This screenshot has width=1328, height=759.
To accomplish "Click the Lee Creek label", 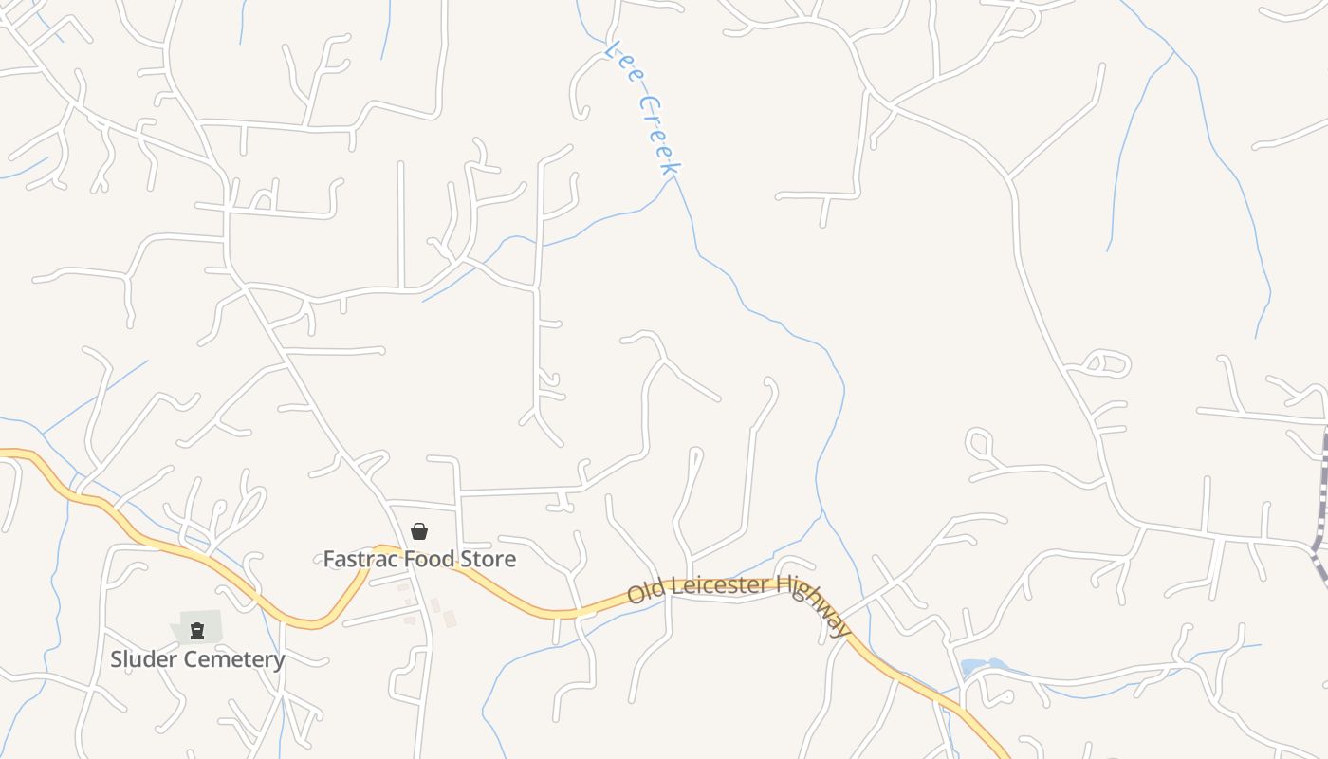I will pyautogui.click(x=646, y=106).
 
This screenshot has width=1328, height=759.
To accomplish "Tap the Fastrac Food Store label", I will pyautogui.click(x=419, y=559).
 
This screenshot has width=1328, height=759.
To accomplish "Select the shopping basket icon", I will pyautogui.click(x=419, y=531).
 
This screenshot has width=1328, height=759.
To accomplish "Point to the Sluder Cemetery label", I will pyautogui.click(x=197, y=658).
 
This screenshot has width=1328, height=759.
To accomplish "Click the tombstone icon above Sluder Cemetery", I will pyautogui.click(x=197, y=631).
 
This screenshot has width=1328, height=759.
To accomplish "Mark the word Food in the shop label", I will pyautogui.click(x=433, y=559).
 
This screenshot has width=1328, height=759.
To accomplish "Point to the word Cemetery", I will pyautogui.click(x=237, y=658).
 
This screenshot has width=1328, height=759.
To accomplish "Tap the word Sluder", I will pyautogui.click(x=144, y=658).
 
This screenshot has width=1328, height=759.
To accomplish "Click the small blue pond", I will pyautogui.click(x=978, y=668).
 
